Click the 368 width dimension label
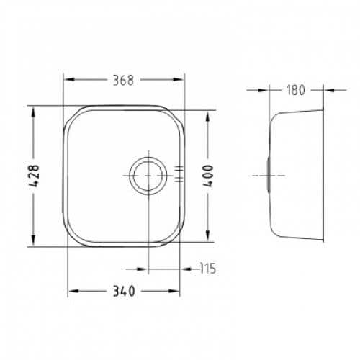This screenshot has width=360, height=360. [123, 81]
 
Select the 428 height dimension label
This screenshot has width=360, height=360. [33, 176]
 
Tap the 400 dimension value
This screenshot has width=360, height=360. [208, 176]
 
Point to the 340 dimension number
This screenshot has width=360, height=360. [124, 291]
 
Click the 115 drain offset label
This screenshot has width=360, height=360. [208, 269]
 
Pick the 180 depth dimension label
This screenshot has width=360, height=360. [296, 90]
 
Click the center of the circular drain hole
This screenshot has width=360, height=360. [148, 176]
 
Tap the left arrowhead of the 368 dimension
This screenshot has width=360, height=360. [70, 80]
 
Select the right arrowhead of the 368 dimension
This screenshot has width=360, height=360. [178, 80]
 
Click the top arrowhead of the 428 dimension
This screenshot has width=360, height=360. [33, 112]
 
